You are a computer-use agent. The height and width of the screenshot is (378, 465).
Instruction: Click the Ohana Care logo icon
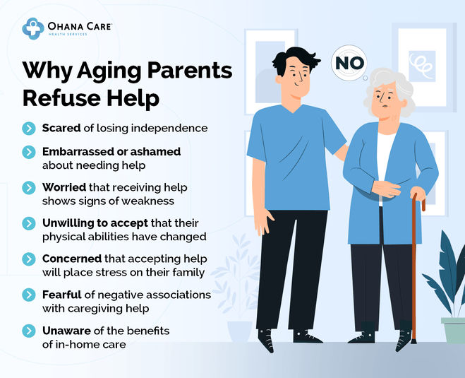32,28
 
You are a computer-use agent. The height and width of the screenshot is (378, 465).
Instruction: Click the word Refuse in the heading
58,98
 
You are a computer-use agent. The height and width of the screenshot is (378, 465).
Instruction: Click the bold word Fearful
63,294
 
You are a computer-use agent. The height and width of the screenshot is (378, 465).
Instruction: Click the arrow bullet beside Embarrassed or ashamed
29,152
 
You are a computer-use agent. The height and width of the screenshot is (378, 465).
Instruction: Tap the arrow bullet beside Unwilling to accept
29,223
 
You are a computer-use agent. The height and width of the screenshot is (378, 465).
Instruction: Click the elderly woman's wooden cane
415,268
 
